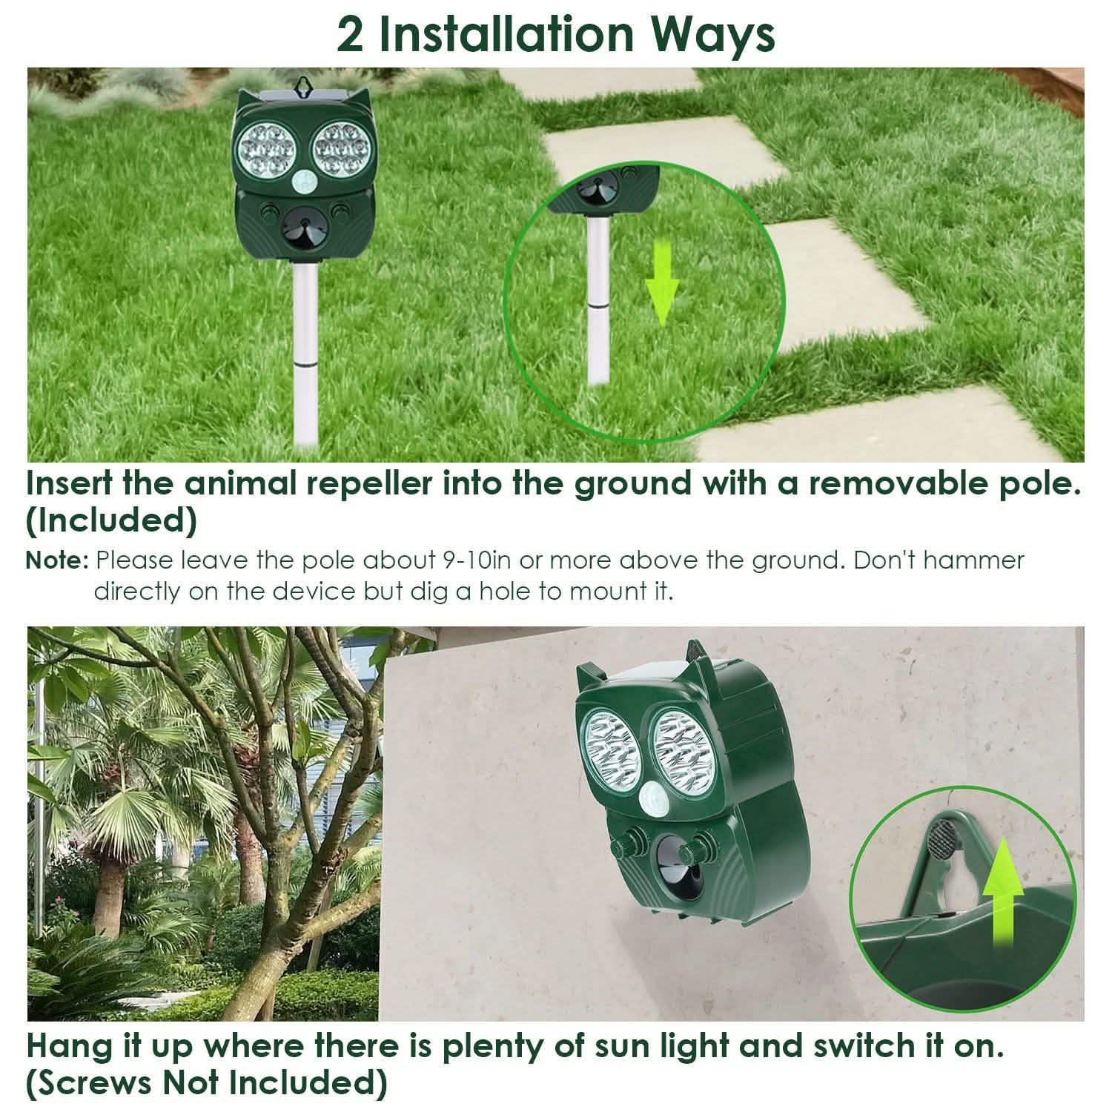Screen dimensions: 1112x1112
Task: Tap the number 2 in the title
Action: (x=351, y=35)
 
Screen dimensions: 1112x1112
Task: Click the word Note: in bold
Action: (x=58, y=560)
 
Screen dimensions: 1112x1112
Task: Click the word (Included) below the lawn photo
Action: (x=112, y=520)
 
